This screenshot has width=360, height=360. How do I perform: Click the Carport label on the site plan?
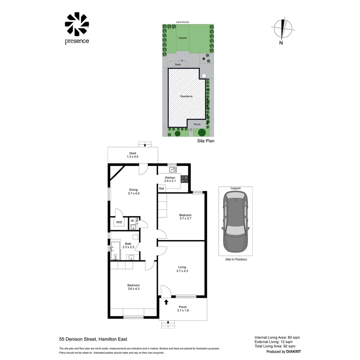[182, 38]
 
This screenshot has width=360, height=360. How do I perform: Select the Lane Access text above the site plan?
[183, 22]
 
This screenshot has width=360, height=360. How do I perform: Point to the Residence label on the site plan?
[186, 96]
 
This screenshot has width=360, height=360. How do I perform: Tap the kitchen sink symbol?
[173, 170]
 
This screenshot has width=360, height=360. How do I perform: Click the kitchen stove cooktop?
[185, 179]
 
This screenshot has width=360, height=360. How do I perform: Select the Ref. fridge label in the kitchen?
[162, 189]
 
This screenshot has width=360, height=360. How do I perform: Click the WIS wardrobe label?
[119, 222]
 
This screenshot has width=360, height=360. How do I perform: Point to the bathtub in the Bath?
[116, 250]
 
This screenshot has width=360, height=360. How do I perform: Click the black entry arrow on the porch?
[166, 302]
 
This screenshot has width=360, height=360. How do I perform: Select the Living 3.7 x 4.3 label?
[182, 269]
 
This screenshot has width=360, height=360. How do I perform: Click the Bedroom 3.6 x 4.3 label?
[133, 287]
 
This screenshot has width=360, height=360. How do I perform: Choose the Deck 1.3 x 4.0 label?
[133, 155]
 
